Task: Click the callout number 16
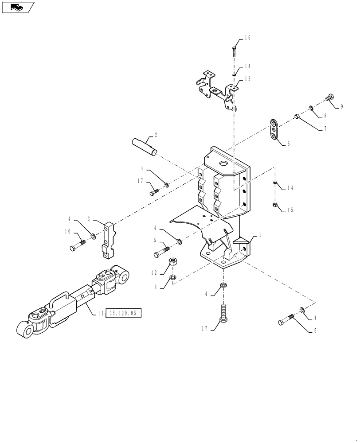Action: click(247, 38)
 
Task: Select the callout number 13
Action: click(247, 79)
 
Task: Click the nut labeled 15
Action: click(275, 205)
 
